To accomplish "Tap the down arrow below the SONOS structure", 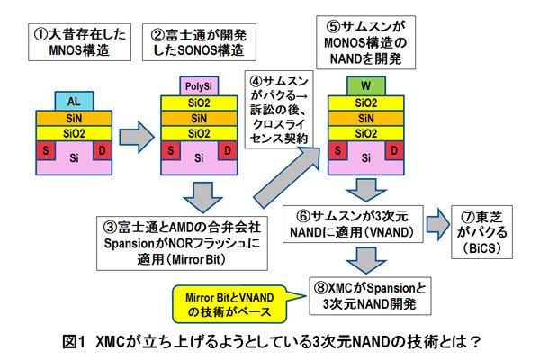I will (196, 192).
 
